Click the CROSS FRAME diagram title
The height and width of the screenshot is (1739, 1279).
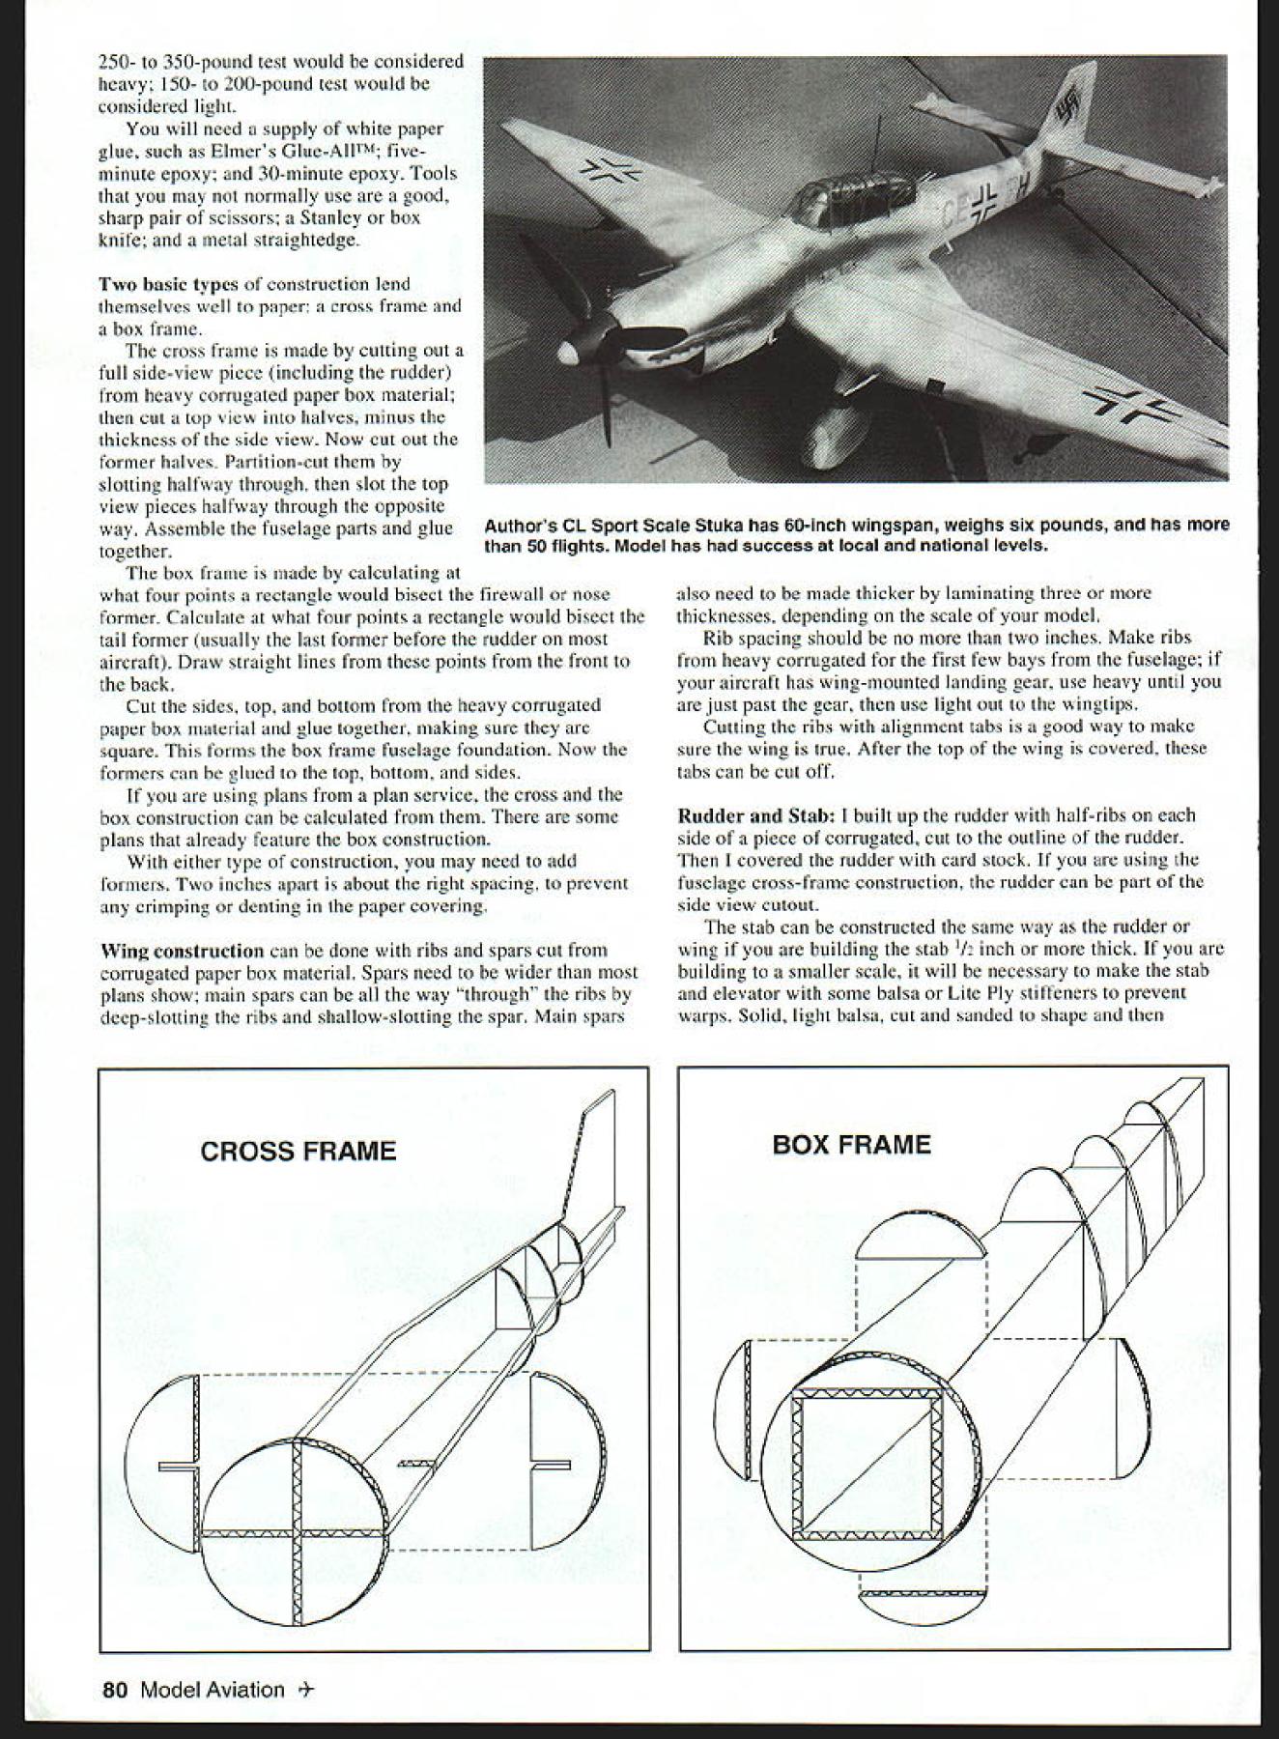298,1151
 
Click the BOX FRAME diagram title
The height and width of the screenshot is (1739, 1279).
851,1145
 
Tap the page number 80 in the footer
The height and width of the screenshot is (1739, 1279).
115,1690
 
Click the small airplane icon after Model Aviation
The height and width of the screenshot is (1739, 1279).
307,1690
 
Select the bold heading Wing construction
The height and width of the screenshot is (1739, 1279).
183,951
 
